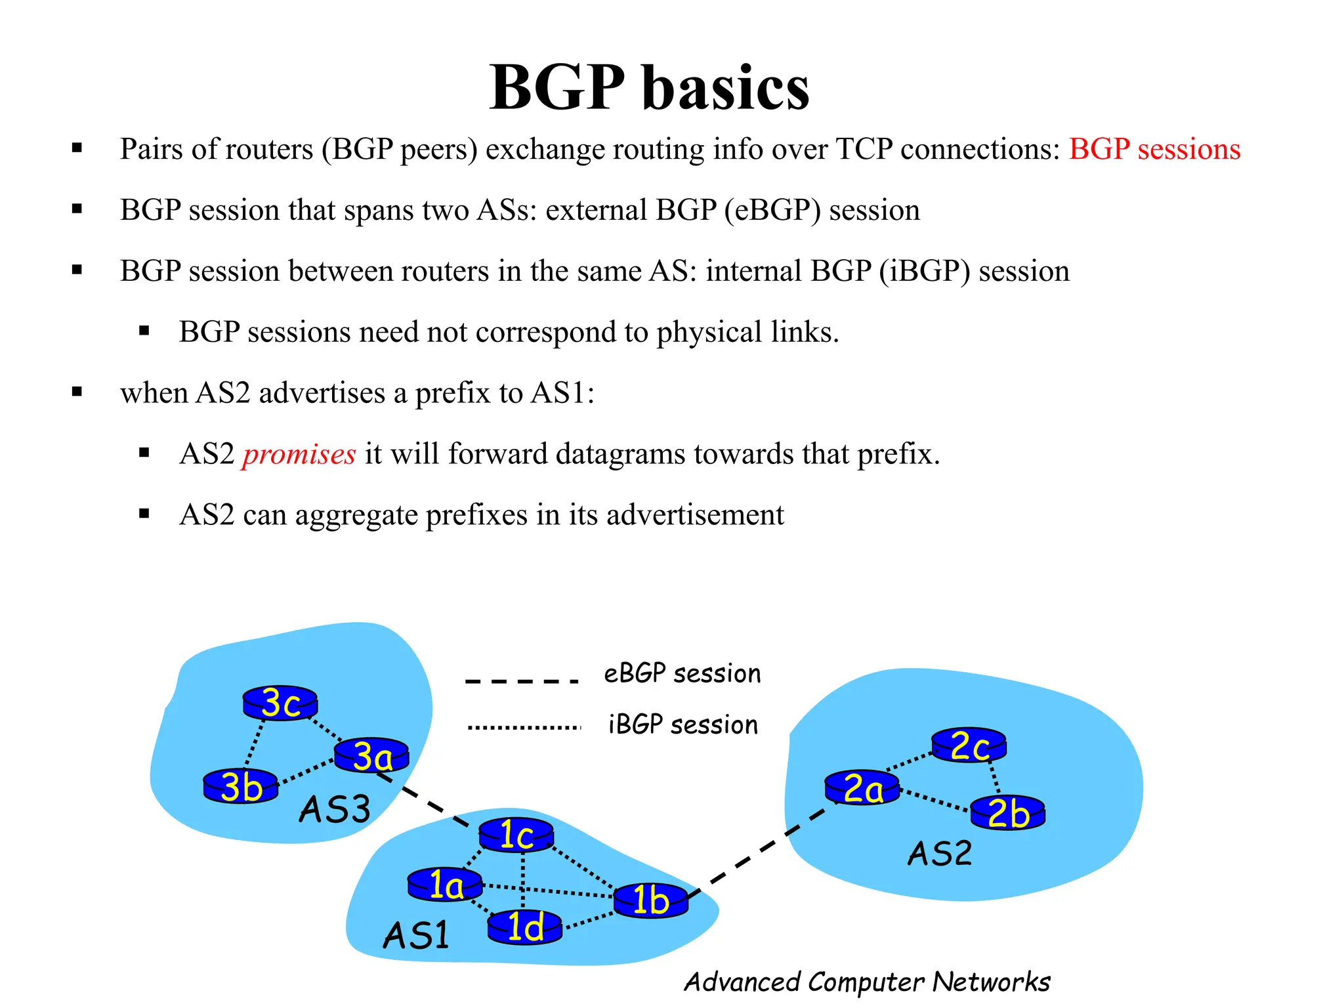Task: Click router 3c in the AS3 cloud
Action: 280,703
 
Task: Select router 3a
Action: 371,755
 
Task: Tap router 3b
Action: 241,786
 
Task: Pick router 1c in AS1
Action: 516,835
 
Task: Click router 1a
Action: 445,885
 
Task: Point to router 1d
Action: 525,927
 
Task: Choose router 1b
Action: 651,900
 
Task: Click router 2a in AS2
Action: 862,787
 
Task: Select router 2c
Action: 969,745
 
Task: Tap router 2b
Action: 1007,813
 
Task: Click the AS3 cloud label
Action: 335,808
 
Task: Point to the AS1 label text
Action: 417,934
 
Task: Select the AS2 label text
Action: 940,854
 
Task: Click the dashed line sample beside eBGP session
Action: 522,681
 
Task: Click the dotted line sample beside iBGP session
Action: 524,727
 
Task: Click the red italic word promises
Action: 299,454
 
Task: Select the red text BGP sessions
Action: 1154,149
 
